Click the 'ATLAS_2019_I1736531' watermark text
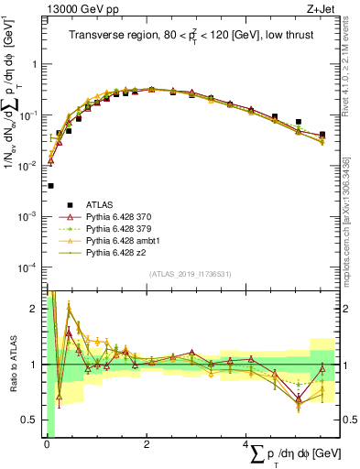(191, 273)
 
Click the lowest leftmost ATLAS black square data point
(49, 186)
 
